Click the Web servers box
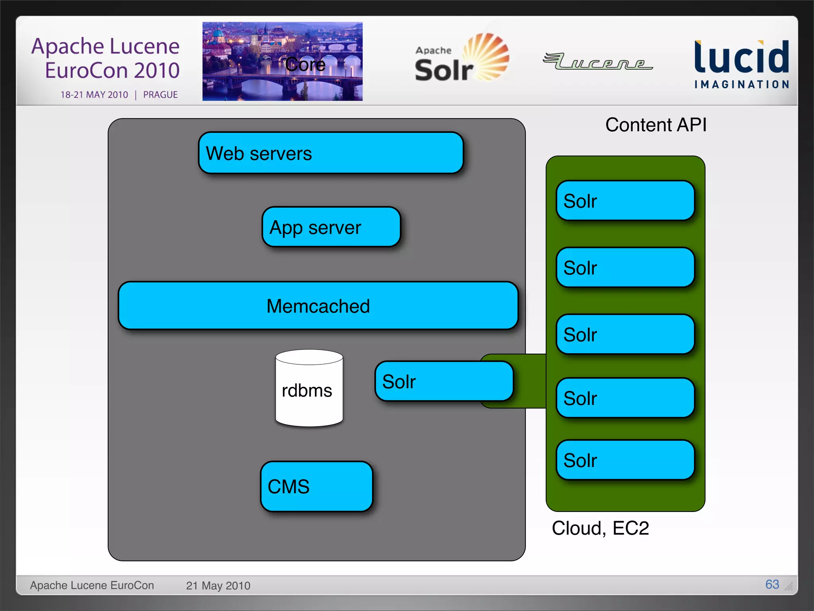[x=331, y=153]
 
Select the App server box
[x=331, y=227]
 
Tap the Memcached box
[x=318, y=306]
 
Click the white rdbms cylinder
[x=309, y=390]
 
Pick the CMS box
[x=316, y=486]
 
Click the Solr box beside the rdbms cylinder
[x=444, y=381]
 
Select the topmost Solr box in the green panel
[x=625, y=201]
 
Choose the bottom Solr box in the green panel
[x=625, y=460]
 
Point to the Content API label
[x=656, y=125]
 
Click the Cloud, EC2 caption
[x=600, y=528]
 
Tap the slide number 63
[x=772, y=584]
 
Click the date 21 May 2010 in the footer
[x=218, y=586]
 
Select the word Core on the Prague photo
[x=305, y=64]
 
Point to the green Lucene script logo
[x=597, y=62]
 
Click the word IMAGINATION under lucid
[x=741, y=84]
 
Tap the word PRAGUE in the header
[x=160, y=95]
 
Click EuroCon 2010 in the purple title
[x=112, y=70]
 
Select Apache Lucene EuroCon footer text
[x=92, y=586]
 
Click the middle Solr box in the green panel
[x=625, y=335]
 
